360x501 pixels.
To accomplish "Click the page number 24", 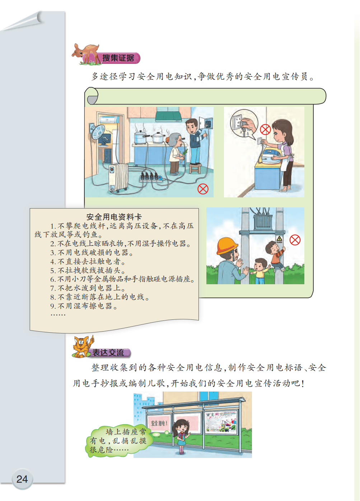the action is pyautogui.click(x=22, y=479).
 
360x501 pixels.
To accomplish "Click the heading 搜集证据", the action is pyautogui.click(x=118, y=58).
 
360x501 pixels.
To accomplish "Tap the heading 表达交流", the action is pyautogui.click(x=108, y=352).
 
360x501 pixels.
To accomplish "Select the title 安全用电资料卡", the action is pyautogui.click(x=114, y=217).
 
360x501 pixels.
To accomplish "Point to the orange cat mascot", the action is pyautogui.click(x=83, y=346).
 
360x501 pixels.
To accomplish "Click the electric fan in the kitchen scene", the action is pyautogui.click(x=97, y=132).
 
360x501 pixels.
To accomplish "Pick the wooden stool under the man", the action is pyautogui.click(x=195, y=168).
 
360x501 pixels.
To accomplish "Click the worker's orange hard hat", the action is pyautogui.click(x=227, y=246).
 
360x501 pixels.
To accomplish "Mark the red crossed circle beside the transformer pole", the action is pyautogui.click(x=295, y=240).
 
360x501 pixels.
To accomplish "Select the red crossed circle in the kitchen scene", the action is pyautogui.click(x=203, y=189).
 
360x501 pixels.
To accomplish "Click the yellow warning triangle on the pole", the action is pyautogui.click(x=279, y=238).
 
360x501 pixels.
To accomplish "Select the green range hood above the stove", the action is pyautogui.click(x=173, y=116).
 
